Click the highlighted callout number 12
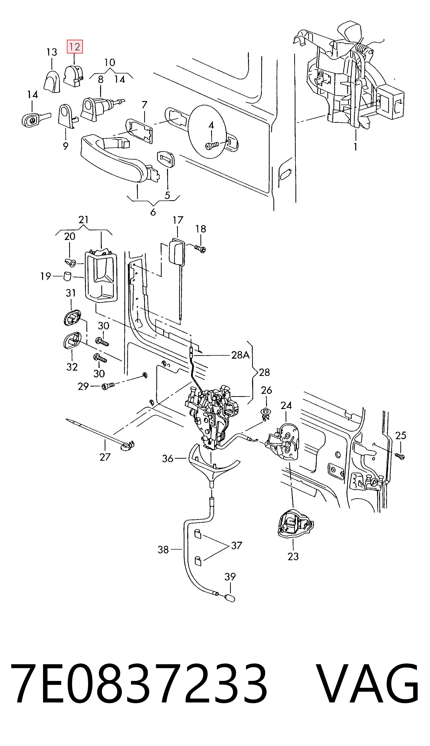[75, 47]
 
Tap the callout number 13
[52, 52]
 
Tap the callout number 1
[356, 146]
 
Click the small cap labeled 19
[68, 276]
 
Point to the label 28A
[240, 355]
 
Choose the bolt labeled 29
[107, 386]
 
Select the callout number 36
[167, 458]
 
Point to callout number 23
[293, 556]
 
